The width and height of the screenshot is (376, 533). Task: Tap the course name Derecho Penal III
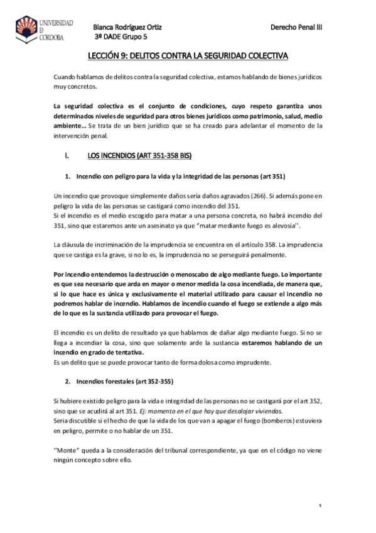(296, 28)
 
